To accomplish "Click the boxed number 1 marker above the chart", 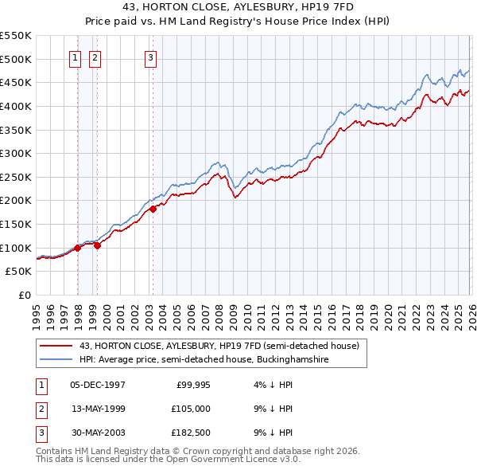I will click(x=75, y=57).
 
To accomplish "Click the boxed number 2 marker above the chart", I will click(x=95, y=57).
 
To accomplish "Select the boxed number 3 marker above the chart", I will click(x=151, y=57).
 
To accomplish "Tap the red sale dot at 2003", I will click(x=153, y=210).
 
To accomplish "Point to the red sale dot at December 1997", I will click(x=77, y=248).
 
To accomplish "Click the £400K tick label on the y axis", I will click(x=16, y=106).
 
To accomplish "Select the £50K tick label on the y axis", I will click(x=19, y=272).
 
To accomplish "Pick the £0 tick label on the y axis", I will click(x=25, y=296).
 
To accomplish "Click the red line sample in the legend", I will click(x=57, y=346).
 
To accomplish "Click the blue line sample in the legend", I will click(x=57, y=360).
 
